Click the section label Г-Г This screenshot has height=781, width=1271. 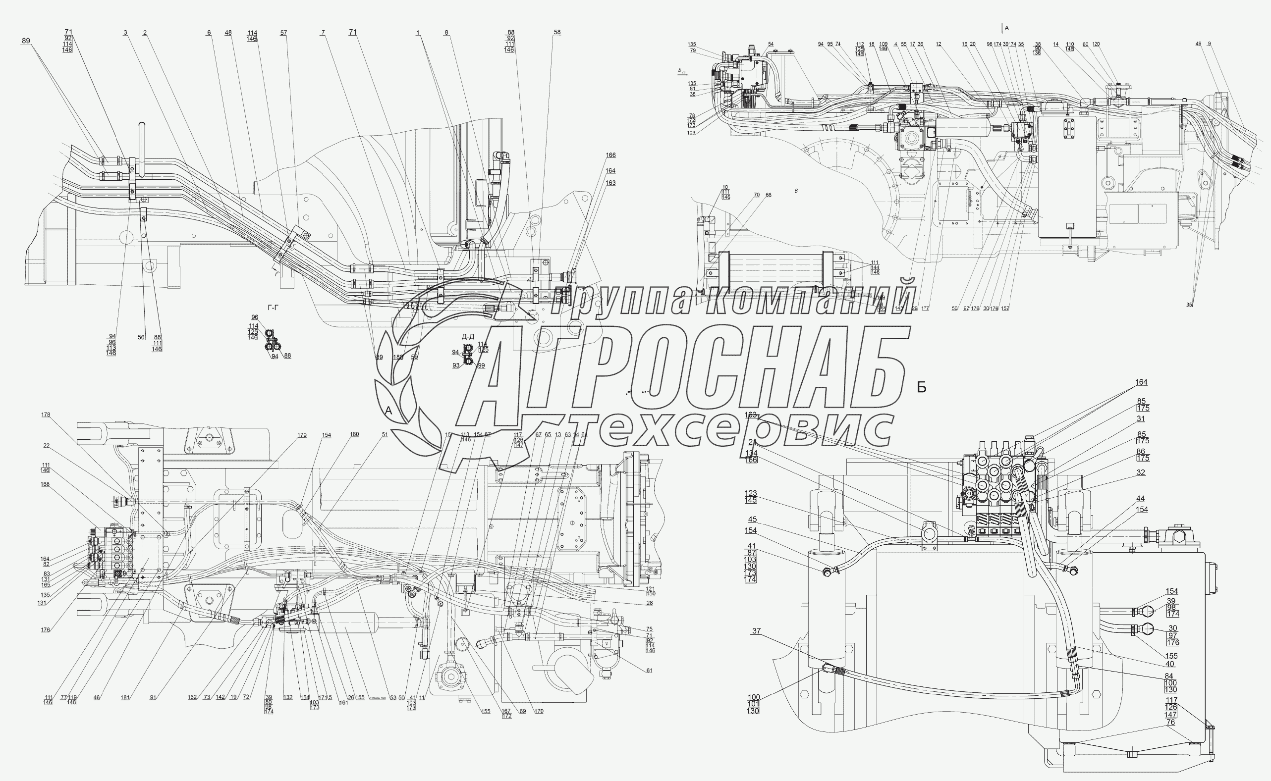(x=273, y=308)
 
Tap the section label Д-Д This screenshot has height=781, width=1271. (x=468, y=337)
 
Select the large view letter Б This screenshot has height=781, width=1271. (x=922, y=388)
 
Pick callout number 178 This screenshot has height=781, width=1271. (x=46, y=414)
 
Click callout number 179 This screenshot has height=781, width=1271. (x=302, y=435)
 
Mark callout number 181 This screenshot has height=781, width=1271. (x=125, y=697)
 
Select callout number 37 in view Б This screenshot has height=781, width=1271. (x=756, y=630)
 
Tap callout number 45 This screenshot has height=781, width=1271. (x=752, y=519)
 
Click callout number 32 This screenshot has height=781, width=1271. (x=1141, y=472)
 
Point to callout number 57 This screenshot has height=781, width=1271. (x=283, y=33)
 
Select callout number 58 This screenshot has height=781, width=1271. (x=557, y=32)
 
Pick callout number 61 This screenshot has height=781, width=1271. (x=649, y=671)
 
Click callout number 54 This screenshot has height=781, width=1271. (x=771, y=45)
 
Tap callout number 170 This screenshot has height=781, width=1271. (x=539, y=711)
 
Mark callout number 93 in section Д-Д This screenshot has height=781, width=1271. (x=456, y=365)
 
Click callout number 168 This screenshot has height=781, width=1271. (x=46, y=484)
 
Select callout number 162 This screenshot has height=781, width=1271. (x=192, y=697)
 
